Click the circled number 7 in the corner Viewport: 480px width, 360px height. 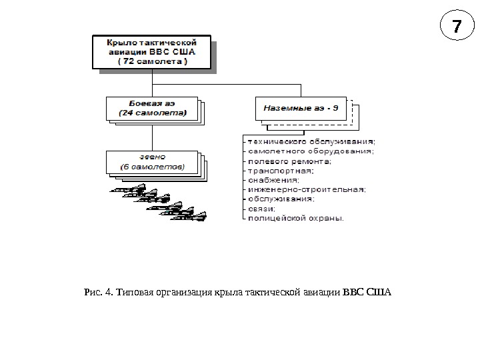coord(456,28)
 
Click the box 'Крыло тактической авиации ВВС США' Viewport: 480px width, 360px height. coord(152,51)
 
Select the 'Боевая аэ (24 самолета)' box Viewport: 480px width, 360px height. coord(152,108)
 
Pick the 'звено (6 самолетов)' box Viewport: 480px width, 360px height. coord(152,161)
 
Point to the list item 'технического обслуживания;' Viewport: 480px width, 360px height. coord(311,141)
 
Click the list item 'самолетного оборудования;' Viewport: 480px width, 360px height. coord(311,151)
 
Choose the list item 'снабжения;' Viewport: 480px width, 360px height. coord(273,179)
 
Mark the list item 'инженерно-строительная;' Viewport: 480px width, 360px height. coord(306,189)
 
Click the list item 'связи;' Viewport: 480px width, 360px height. coord(262,208)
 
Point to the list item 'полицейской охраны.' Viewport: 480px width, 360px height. coord(295,217)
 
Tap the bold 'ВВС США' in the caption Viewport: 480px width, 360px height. coord(367,292)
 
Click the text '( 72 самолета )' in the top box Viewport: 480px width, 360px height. coord(153,61)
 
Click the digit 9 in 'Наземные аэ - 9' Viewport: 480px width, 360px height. coord(335,107)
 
